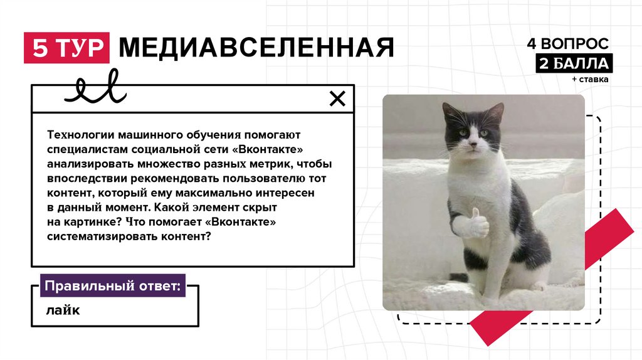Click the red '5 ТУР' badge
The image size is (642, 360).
click(x=66, y=48)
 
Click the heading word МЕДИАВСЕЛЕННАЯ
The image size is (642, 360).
click(x=256, y=48)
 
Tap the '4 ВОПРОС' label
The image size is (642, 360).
click(x=567, y=43)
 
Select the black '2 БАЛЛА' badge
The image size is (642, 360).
click(x=574, y=63)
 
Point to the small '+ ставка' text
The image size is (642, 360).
click(x=590, y=79)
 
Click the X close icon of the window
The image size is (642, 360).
click(x=337, y=98)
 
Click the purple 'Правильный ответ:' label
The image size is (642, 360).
click(x=113, y=285)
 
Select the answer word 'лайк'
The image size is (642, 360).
click(x=63, y=310)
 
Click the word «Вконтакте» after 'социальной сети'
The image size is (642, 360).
click(x=270, y=149)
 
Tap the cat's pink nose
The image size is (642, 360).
click(x=474, y=144)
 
